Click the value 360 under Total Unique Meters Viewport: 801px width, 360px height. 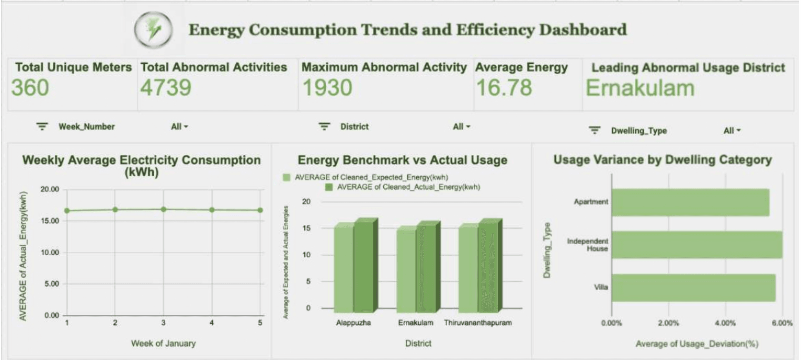30,88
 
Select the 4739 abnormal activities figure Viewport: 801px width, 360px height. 166,88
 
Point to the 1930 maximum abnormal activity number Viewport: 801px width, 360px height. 328,88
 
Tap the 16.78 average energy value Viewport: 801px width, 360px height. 504,88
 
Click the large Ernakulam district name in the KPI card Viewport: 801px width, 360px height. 640,88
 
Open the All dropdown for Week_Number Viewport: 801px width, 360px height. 180,127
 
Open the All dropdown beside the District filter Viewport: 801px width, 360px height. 461,127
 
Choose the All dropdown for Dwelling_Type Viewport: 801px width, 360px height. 732,130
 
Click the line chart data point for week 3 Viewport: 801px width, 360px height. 163,209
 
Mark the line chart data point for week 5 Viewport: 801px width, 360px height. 260,210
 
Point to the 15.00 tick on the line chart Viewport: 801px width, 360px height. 50,221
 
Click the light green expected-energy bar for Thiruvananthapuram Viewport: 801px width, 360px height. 468,269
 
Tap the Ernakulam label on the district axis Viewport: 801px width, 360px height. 416,323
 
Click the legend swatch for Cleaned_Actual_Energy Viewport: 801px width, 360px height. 329,187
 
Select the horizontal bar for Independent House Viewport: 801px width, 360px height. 696,245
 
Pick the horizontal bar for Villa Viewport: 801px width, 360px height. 693,288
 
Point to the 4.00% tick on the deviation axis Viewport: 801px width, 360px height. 725,323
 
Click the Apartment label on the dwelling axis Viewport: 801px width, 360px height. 591,202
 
